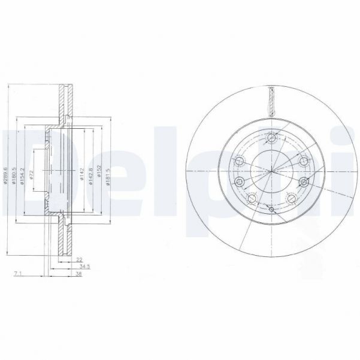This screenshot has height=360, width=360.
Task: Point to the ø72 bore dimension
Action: point(32,174)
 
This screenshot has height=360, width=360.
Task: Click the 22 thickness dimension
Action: point(78,259)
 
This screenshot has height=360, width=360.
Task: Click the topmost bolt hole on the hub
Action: point(271,137)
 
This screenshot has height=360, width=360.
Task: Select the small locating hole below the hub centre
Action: point(271,210)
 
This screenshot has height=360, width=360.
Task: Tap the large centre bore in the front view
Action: point(271,172)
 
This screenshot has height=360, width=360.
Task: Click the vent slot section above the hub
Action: point(271,98)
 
